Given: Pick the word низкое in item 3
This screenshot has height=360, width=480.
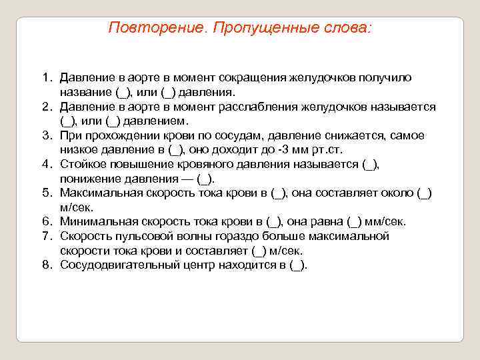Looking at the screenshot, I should tap(77, 150).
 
